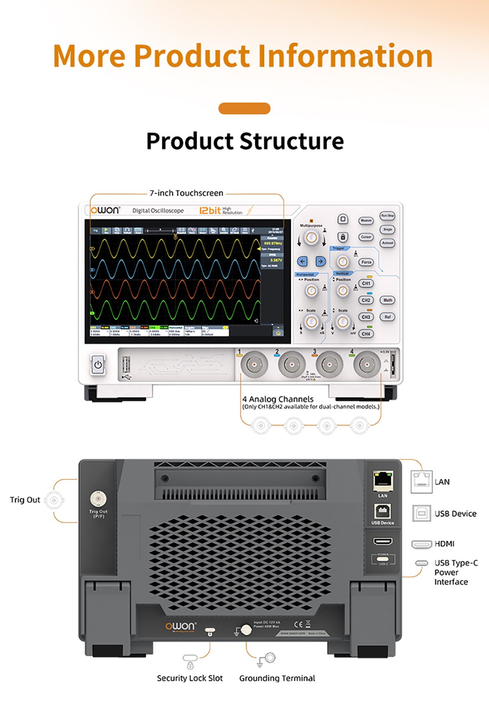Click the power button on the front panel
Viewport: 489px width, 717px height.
click(98, 365)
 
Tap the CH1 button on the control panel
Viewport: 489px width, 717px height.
click(366, 283)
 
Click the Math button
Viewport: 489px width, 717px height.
click(388, 300)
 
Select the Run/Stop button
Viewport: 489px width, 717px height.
click(387, 215)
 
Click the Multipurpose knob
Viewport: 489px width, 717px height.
click(311, 238)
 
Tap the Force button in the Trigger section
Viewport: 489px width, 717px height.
click(366, 262)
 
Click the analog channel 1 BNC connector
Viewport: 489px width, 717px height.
click(254, 364)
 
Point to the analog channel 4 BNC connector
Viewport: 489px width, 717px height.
click(367, 364)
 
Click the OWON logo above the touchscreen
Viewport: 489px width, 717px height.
click(105, 211)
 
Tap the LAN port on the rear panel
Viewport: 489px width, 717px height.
click(382, 481)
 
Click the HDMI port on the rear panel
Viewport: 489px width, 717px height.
click(382, 541)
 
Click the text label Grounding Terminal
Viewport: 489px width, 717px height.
click(277, 678)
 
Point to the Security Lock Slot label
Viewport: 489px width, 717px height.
click(190, 678)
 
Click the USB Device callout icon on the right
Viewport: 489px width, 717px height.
click(422, 514)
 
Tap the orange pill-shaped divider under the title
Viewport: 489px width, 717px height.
click(244, 108)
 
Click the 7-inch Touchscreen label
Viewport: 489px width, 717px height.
click(186, 193)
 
